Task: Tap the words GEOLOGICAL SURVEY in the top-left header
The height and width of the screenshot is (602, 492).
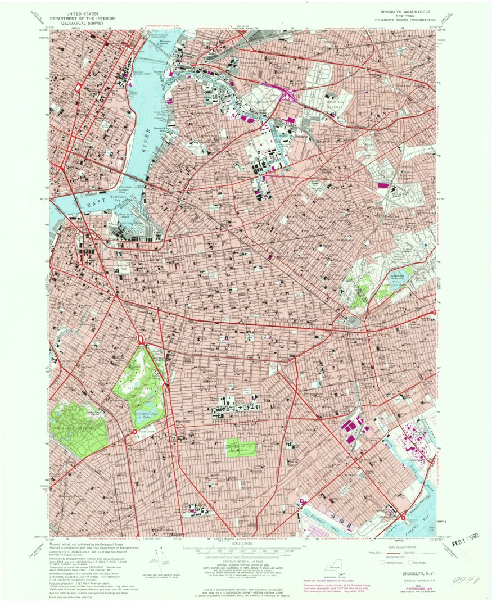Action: [82, 24]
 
